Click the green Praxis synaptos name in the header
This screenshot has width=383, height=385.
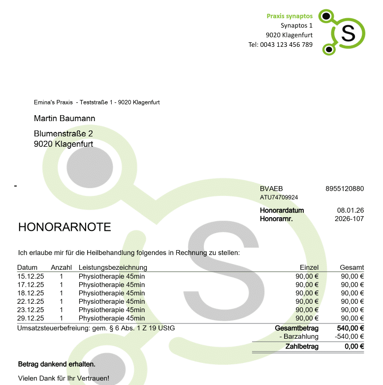pyautogui.click(x=289, y=16)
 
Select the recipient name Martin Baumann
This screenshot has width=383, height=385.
pyautogui.click(x=64, y=119)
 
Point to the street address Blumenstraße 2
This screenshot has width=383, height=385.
pyautogui.click(x=64, y=134)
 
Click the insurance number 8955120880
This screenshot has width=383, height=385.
pyautogui.click(x=345, y=189)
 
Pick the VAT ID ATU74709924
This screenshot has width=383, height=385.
pyautogui.click(x=279, y=197)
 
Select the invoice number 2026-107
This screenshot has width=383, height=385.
pyautogui.click(x=349, y=219)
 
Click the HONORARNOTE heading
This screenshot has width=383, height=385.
pyautogui.click(x=64, y=227)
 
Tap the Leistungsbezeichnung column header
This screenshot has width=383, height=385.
pyautogui.click(x=113, y=267)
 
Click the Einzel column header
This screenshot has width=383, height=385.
pyautogui.click(x=309, y=267)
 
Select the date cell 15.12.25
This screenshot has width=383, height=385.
pyautogui.click(x=31, y=276)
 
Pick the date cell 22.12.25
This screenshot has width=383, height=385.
pyautogui.click(x=31, y=301)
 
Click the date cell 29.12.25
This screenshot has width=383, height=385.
pyautogui.click(x=31, y=318)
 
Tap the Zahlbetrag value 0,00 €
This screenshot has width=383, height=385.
pyautogui.click(x=354, y=347)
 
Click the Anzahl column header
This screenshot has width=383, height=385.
pyautogui.click(x=62, y=267)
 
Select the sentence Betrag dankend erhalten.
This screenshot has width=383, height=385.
pyautogui.click(x=57, y=364)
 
